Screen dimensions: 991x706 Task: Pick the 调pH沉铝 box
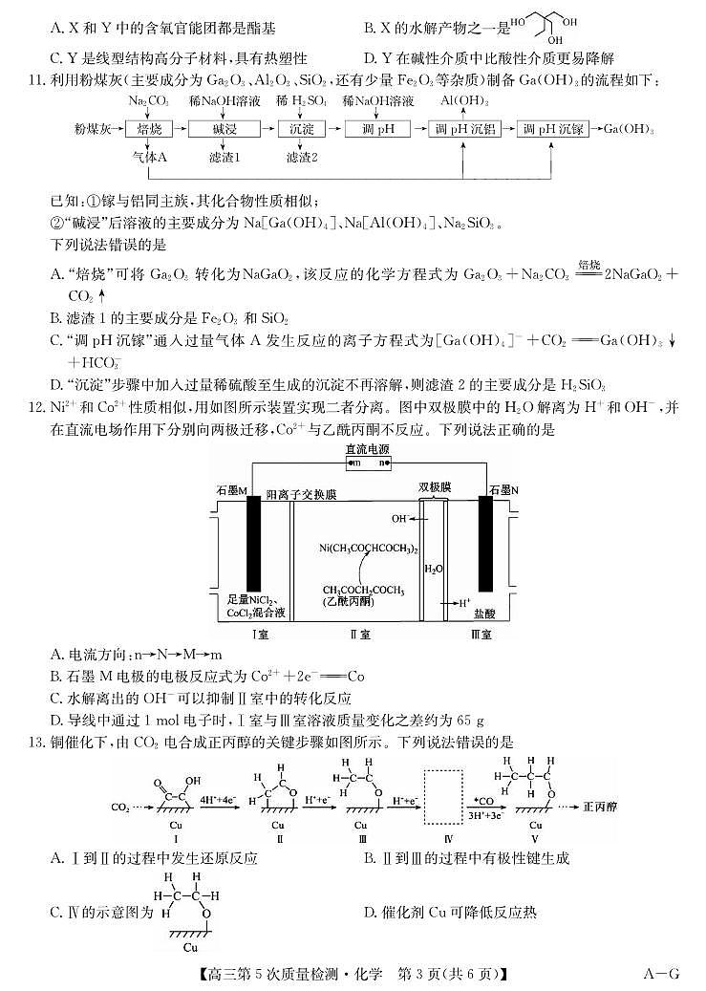tap(467, 129)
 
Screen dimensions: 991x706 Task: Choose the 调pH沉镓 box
tap(556, 129)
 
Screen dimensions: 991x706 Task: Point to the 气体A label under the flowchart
tap(149, 157)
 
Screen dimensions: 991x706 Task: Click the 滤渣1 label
tap(224, 157)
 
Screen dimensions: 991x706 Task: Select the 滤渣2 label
tap(301, 157)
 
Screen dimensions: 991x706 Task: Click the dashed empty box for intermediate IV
tap(447, 797)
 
